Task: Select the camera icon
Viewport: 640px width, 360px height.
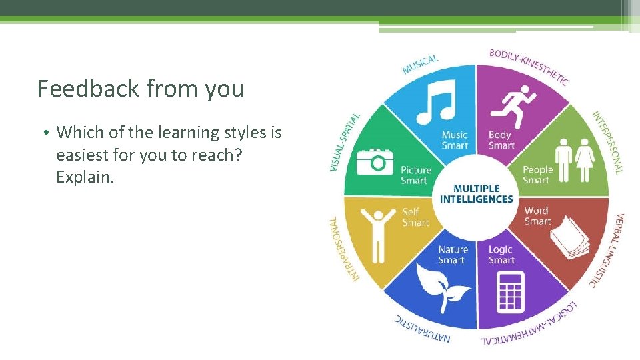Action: [375, 161]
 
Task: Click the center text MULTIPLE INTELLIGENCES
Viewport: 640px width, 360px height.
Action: [476, 194]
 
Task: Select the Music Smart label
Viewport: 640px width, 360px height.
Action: [455, 140]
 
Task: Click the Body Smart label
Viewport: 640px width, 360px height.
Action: [501, 140]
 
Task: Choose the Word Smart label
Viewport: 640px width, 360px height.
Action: [537, 216]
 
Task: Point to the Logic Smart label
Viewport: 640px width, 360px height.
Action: [501, 255]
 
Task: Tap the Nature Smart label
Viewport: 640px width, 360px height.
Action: [453, 255]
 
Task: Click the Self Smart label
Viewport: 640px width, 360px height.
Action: [415, 217]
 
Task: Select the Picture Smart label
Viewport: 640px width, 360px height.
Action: [415, 175]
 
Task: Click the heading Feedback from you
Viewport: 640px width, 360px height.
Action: [141, 88]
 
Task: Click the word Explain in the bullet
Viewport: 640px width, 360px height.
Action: [85, 178]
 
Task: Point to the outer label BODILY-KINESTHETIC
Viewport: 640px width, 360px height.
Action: [531, 66]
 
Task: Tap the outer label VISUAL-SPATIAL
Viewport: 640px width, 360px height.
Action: [345, 141]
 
